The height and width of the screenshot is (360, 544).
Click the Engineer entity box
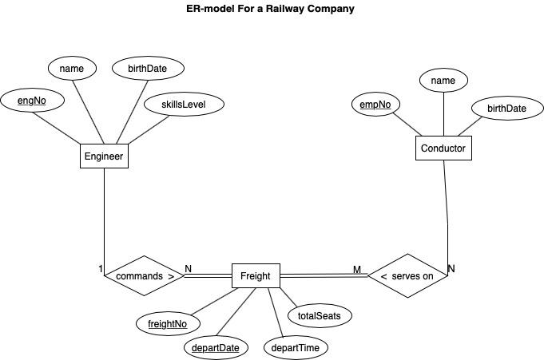point(105,156)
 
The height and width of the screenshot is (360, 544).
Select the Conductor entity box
point(443,148)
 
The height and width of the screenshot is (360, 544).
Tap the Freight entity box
point(256,276)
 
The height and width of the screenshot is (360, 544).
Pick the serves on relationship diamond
point(407,276)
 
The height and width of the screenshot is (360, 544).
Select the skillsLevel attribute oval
point(184,104)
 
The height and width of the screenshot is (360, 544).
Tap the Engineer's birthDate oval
point(146,68)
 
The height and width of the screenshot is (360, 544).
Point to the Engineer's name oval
point(72,68)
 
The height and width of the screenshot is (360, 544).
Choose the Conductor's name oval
point(443,81)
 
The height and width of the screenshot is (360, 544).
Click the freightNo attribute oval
point(168,323)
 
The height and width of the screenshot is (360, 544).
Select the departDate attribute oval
point(215,347)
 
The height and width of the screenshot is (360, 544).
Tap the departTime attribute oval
point(300,347)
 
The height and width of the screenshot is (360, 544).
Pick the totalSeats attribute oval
point(319,315)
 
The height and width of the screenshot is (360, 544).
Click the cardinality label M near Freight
point(357,269)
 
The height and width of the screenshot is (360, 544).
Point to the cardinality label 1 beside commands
point(101,269)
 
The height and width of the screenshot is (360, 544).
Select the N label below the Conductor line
point(451,269)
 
